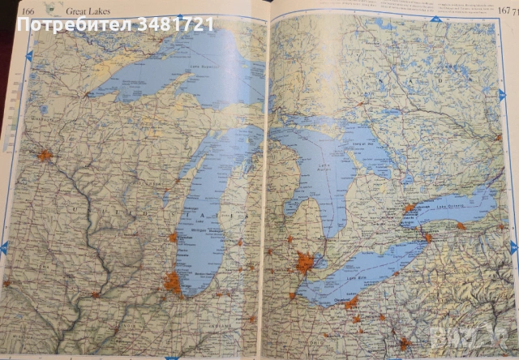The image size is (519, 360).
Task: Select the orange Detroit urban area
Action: point(306,263)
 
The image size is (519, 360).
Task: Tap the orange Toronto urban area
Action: point(410,208)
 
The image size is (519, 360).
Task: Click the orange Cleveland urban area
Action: point(351,303)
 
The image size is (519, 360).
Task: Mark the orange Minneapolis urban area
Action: point(45,154)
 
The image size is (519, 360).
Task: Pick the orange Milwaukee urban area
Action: point(173,238)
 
